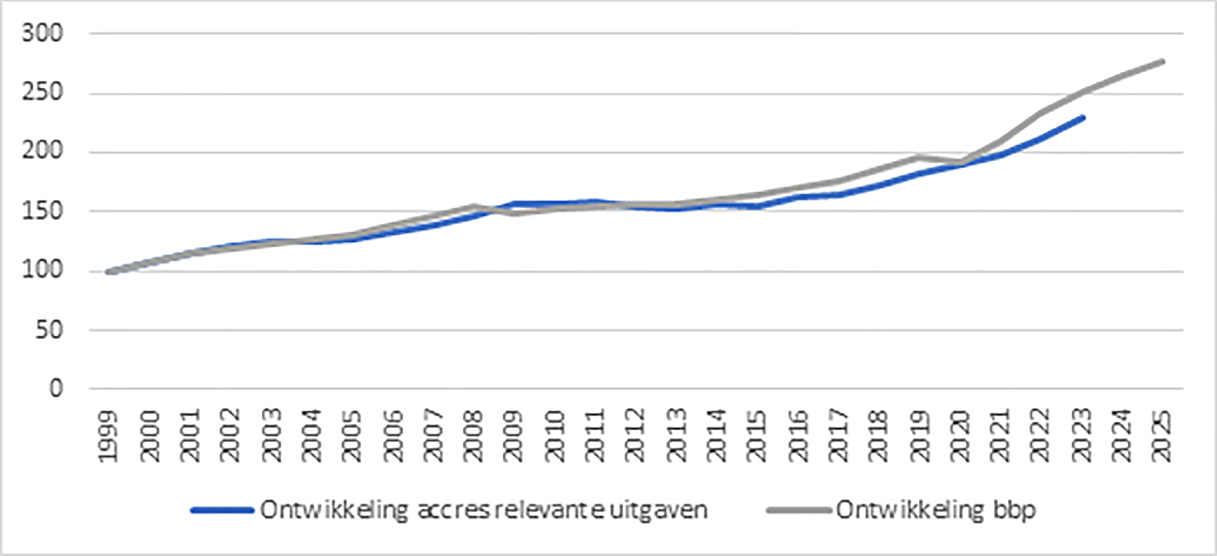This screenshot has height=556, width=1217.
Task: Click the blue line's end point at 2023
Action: point(1083,117)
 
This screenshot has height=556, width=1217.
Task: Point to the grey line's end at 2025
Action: point(1163,61)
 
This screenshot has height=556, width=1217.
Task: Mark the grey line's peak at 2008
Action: point(474,206)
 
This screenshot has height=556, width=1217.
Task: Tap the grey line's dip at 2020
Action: point(960,162)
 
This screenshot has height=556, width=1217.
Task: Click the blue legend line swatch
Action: point(222,510)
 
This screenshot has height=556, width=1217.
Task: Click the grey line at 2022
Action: point(1041,113)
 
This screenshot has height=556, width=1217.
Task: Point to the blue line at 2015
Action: point(757,206)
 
